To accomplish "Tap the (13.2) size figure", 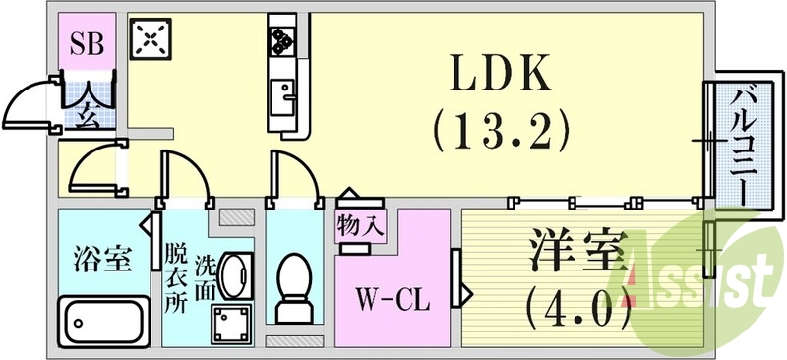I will (x=501, y=127).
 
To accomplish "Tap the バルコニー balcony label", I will (x=741, y=142).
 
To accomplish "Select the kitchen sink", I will (x=285, y=95).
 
